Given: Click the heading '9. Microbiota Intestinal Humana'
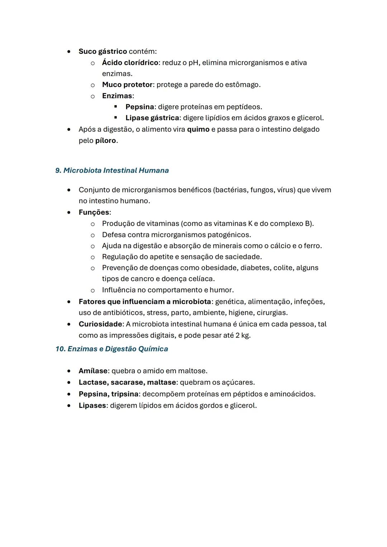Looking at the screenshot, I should tap(112, 171).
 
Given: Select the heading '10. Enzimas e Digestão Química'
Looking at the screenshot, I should tap(111, 349).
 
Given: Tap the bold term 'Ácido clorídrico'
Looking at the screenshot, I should tap(130, 63).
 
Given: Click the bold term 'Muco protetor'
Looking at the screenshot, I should tap(127, 85).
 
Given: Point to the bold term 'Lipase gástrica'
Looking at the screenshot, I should tap(152, 118).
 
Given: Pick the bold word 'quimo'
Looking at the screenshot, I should tap(198, 129).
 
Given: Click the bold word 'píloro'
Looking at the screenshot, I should tap(106, 140).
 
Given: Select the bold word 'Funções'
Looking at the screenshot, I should tap(94, 212).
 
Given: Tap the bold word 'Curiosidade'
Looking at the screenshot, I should tap(100, 324).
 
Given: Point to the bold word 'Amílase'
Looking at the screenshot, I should tap(93, 371).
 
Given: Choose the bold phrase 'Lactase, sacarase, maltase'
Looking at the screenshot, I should tap(127, 382).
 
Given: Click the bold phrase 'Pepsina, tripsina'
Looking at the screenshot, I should tap(108, 394).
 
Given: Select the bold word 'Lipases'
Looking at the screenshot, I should tap(92, 406).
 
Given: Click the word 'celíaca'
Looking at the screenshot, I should tap(202, 279).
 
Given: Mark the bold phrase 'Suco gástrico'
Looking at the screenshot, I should tap(102, 52).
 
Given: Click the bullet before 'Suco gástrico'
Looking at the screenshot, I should tap(68, 52).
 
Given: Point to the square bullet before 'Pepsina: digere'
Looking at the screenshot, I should tap(115, 107).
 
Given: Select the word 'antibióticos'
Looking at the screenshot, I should tap(124, 313).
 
